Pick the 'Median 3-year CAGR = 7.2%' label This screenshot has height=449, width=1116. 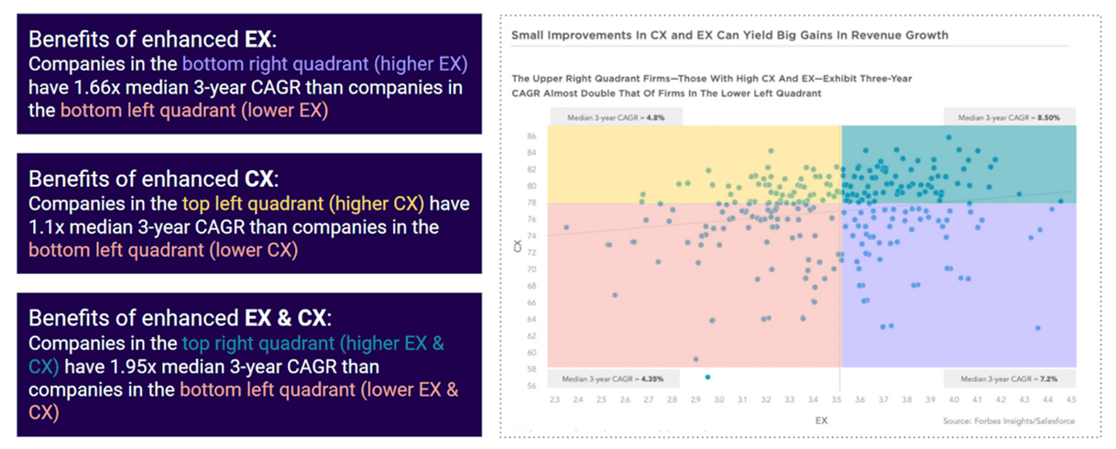click(x=1012, y=378)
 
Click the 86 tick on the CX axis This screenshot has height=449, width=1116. click(x=532, y=136)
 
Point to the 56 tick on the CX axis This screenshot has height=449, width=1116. click(x=532, y=386)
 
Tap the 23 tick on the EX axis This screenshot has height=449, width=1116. click(x=554, y=400)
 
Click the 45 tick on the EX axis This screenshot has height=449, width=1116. click(x=1071, y=400)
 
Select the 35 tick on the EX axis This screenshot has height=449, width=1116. click(x=837, y=400)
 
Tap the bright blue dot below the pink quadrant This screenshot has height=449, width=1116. click(x=707, y=377)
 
